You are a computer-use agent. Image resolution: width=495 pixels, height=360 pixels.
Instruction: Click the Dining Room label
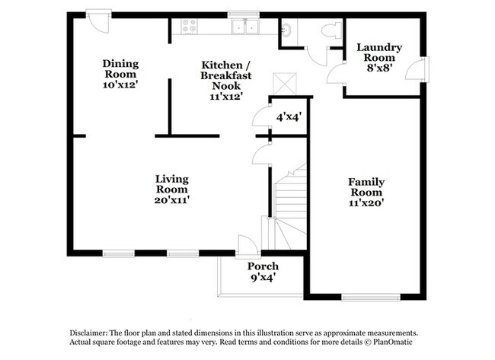coord(120,69)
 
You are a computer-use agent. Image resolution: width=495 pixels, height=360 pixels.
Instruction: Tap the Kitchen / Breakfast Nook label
coord(225,80)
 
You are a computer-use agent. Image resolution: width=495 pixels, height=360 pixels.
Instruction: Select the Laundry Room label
coord(379,53)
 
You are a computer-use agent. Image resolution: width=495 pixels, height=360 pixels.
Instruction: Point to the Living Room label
coord(172,184)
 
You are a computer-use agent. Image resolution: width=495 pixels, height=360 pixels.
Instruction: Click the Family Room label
coord(366,187)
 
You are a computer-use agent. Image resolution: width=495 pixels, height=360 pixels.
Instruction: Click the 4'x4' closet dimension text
coord(289,117)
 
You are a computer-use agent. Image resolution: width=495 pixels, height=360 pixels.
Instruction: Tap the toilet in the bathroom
coord(330,30)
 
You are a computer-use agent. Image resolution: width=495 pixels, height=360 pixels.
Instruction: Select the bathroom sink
coord(286,30)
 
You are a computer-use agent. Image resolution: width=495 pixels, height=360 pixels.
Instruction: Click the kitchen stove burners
coord(187,27)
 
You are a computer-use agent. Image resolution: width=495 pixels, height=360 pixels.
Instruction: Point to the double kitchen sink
coord(245,27)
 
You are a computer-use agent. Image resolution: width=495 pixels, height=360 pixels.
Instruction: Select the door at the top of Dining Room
coord(98,20)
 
